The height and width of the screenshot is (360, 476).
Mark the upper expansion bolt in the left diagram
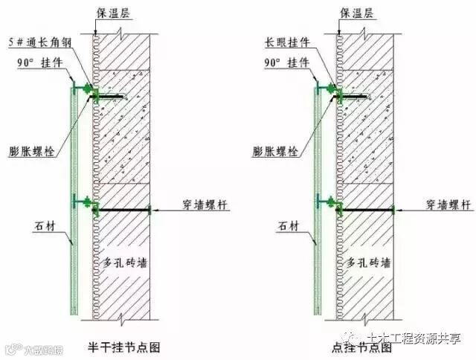point(112,96)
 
